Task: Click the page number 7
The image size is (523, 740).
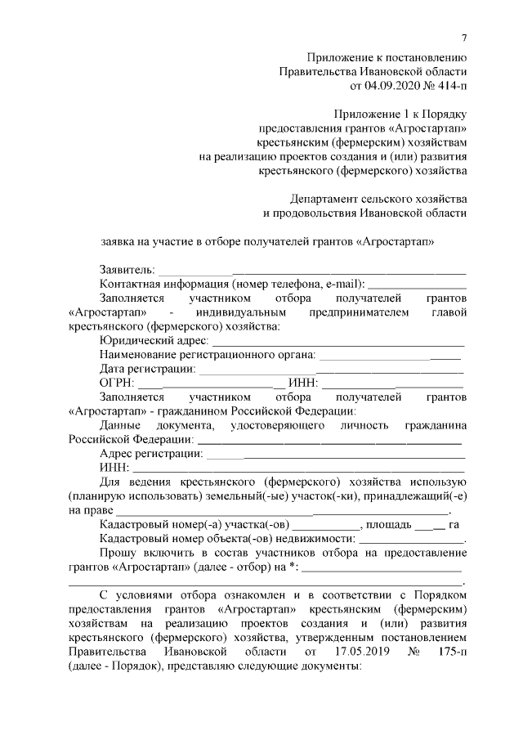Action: [463, 38]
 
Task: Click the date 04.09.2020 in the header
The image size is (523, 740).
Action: [378, 84]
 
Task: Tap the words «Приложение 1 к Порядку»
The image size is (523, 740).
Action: [400, 114]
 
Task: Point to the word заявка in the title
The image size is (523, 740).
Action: [118, 242]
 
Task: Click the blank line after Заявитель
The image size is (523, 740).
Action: [311, 270]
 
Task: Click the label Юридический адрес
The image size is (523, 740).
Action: [153, 340]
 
